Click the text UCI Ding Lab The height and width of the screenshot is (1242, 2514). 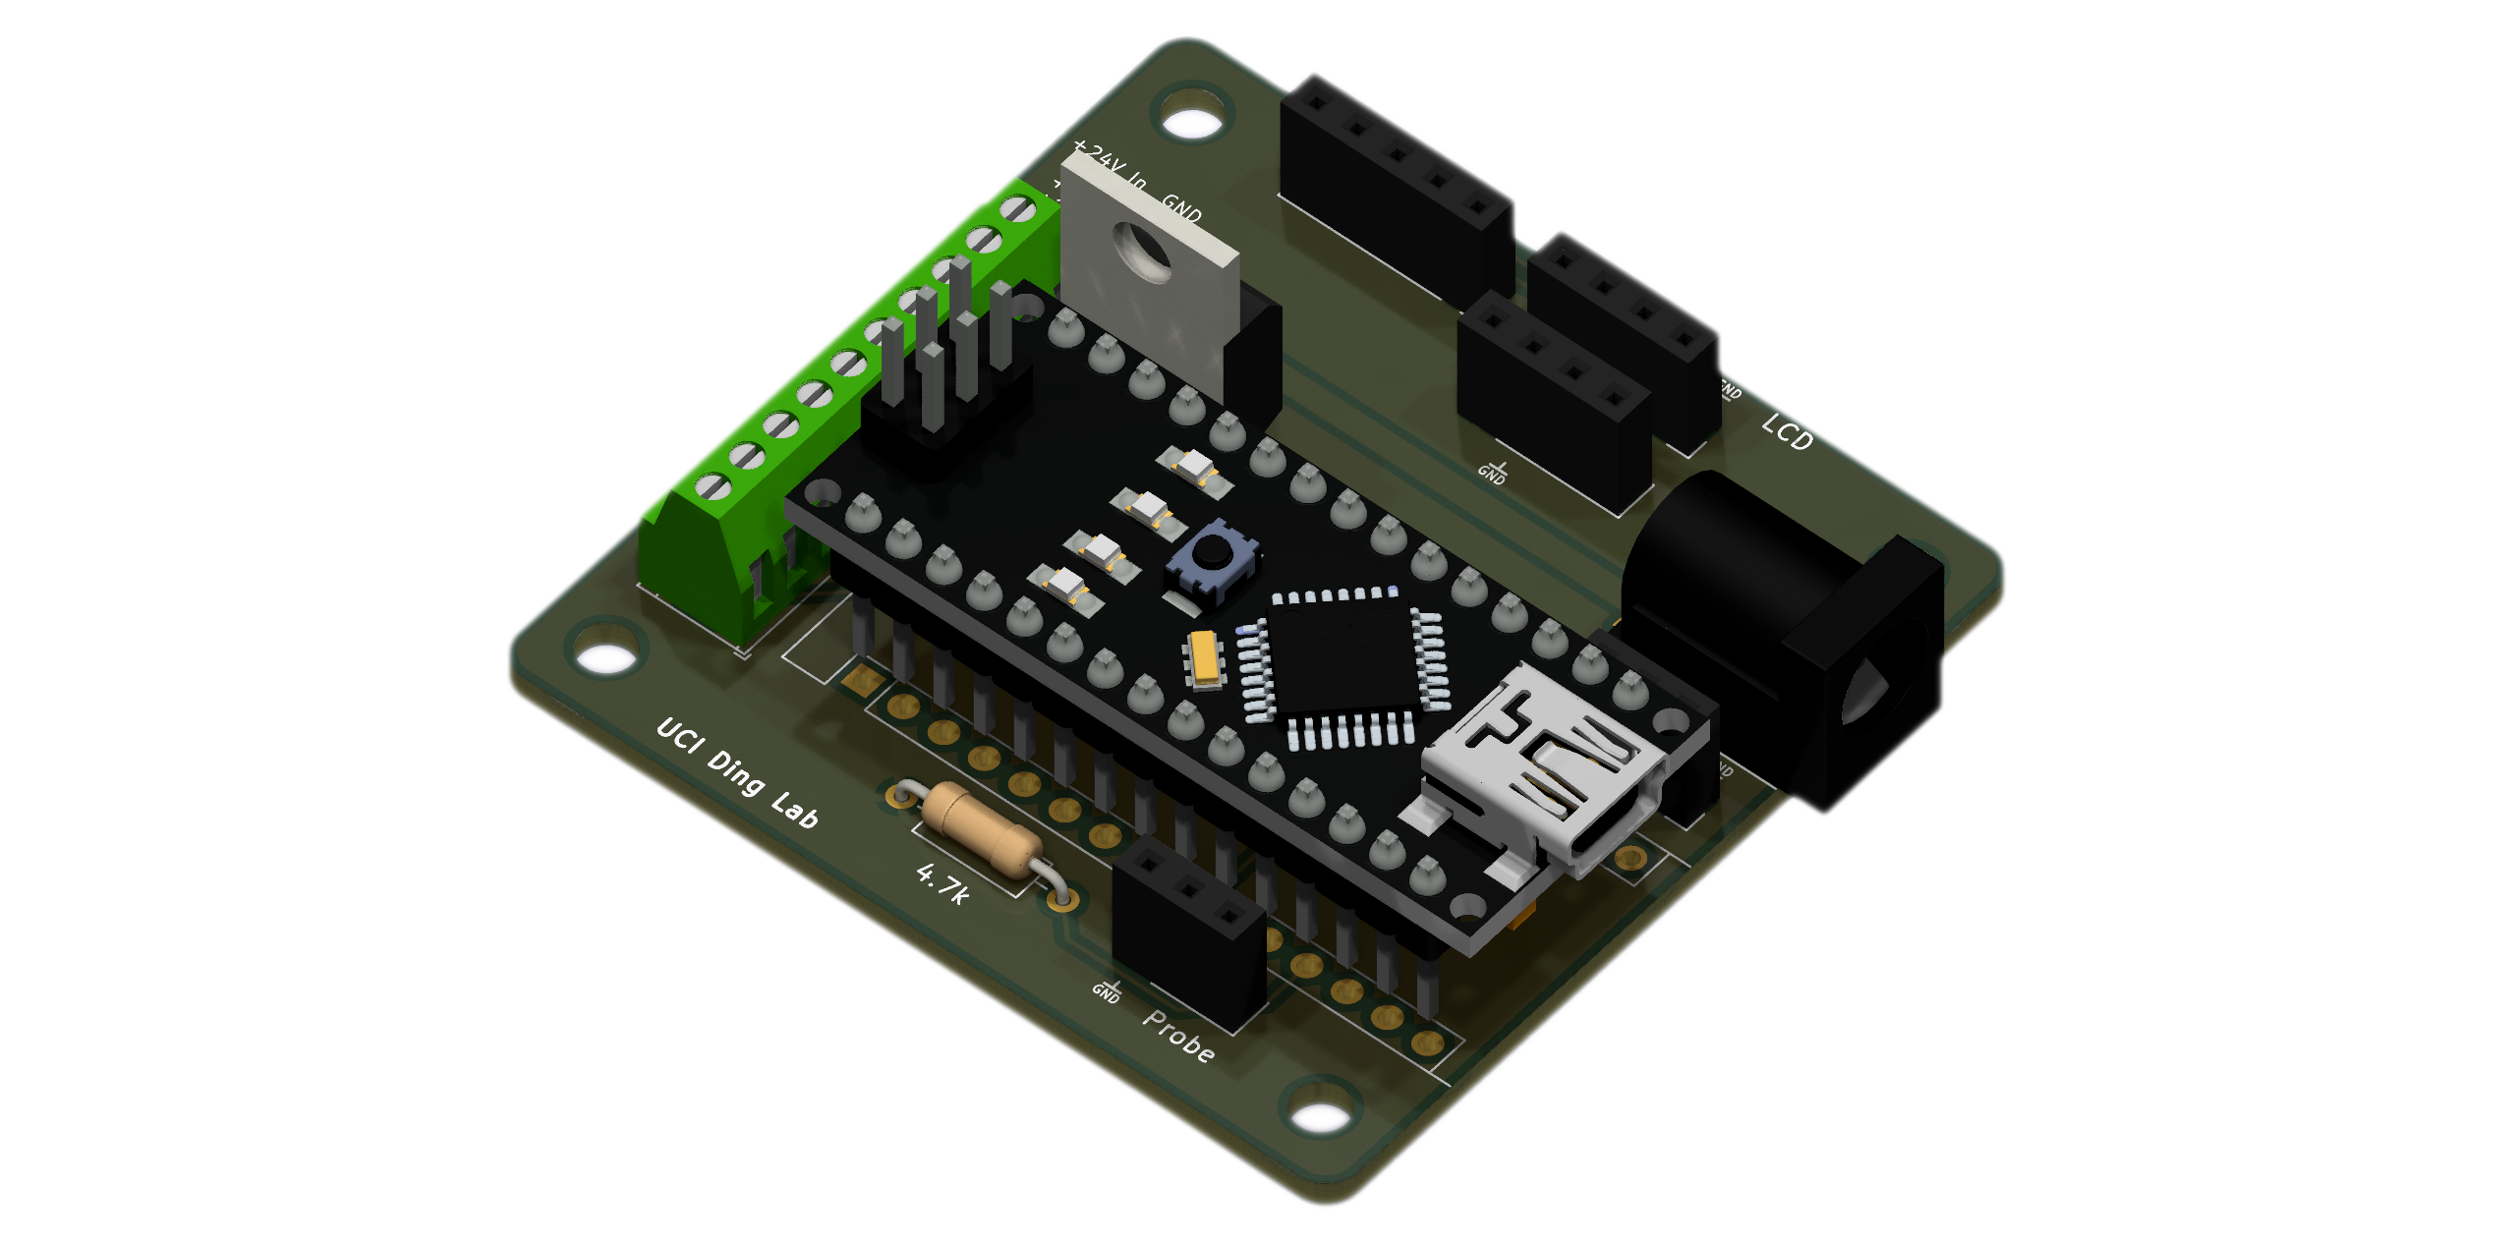click(x=737, y=773)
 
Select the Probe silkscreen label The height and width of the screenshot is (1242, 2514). click(x=1178, y=1036)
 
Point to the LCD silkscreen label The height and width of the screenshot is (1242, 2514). click(x=1787, y=432)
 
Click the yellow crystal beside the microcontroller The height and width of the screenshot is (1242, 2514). click(x=1204, y=656)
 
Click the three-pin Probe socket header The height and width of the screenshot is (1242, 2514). click(x=1189, y=929)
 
